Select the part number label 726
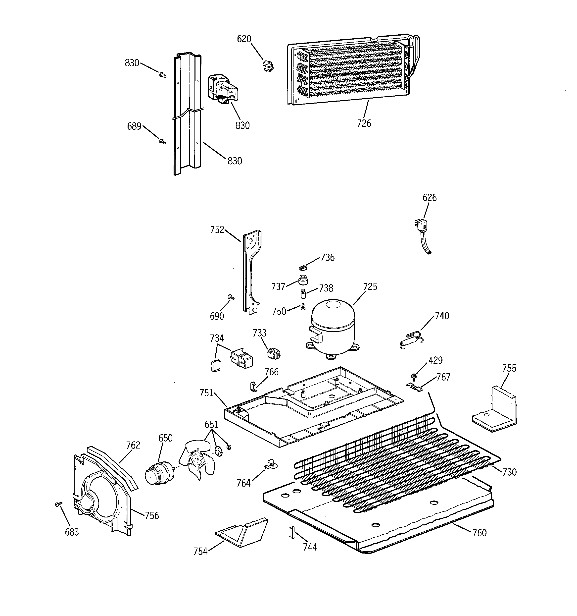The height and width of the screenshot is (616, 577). click(x=364, y=123)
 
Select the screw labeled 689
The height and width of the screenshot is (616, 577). click(x=162, y=142)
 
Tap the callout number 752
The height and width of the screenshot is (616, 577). click(x=217, y=230)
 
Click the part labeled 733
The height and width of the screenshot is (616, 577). click(x=274, y=353)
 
